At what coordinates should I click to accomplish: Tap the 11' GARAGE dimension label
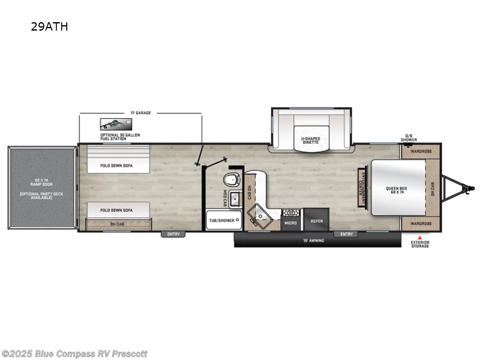click(140, 113)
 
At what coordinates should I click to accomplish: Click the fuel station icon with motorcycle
click(112, 124)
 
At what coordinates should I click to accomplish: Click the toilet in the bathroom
click(232, 179)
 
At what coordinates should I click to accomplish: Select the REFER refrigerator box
click(316, 221)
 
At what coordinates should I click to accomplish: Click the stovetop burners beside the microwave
click(291, 212)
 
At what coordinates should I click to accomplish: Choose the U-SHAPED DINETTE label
click(310, 140)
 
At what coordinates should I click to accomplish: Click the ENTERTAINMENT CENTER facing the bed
click(362, 187)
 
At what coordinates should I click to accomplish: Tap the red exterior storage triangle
click(420, 237)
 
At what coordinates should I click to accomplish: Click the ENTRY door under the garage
click(173, 235)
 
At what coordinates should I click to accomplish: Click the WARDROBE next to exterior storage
click(421, 223)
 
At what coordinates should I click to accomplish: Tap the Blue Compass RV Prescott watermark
click(74, 353)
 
